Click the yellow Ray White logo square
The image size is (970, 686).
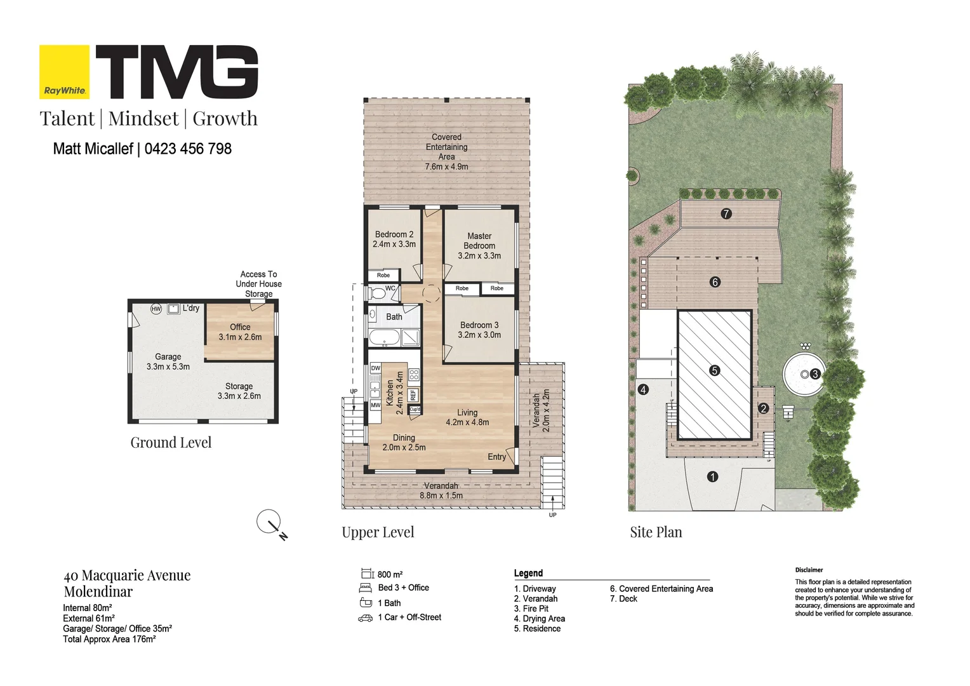65,72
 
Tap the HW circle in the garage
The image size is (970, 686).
156,309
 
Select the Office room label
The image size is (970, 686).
240,327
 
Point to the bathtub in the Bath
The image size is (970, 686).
385,337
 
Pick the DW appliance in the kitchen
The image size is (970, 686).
375,368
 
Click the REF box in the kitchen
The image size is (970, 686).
413,394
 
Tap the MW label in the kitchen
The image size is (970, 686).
375,405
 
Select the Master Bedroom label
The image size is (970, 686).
479,241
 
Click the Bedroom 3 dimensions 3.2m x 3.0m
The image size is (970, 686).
479,335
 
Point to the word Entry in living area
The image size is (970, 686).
496,457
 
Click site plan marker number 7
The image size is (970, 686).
726,213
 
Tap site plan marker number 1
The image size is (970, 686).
712,476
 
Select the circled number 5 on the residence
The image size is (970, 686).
715,370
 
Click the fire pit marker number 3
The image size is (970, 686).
815,373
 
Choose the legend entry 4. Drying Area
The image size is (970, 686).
540,619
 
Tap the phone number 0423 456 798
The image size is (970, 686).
188,149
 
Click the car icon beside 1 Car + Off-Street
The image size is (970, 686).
366,618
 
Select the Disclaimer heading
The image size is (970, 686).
809,570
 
